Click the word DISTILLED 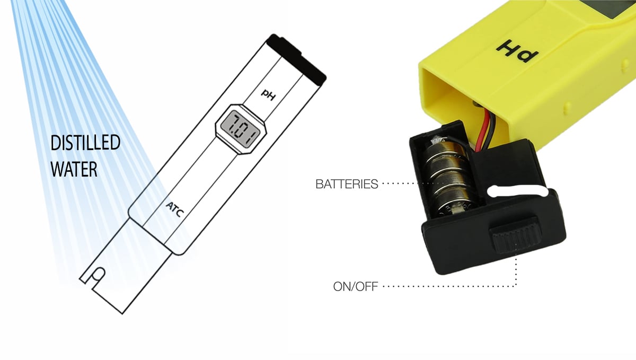(x=85, y=143)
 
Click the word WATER (x=74, y=169)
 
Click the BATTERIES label (x=347, y=185)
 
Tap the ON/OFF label (x=356, y=287)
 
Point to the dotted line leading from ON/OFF (x=450, y=287)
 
